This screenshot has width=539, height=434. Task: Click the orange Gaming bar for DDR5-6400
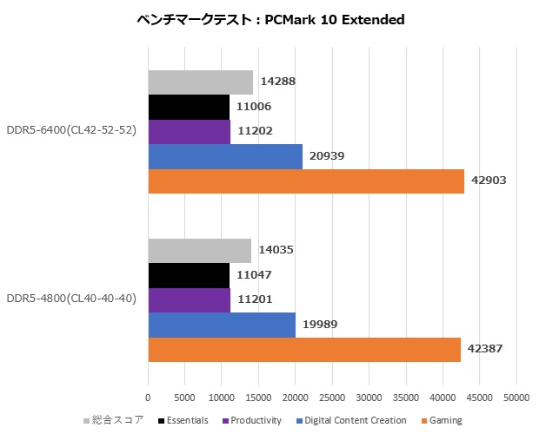coord(306,181)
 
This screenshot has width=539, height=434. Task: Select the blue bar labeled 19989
coord(222,325)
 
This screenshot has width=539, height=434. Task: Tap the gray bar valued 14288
coord(200,82)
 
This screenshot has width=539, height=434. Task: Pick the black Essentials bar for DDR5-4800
coord(189,275)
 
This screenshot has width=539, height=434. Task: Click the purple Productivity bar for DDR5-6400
coord(189,132)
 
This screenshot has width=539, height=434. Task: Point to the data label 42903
coord(489,181)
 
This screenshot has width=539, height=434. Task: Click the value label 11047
coord(255,275)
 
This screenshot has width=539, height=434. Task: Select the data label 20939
coord(328,156)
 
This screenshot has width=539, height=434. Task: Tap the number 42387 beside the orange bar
coord(486,349)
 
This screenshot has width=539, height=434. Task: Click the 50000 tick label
coord(516,398)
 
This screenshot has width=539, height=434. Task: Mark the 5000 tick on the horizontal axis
coord(184,398)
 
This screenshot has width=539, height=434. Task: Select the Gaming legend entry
coord(443,420)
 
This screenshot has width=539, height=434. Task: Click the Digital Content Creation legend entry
coord(354,420)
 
